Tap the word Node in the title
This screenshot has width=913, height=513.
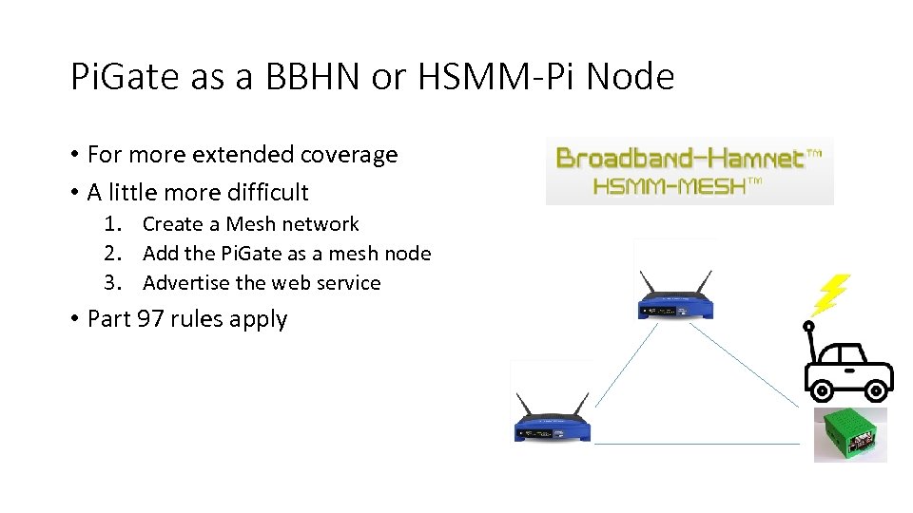[x=631, y=77]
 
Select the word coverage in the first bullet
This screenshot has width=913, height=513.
[x=349, y=155]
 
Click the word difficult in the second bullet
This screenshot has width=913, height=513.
[x=264, y=192]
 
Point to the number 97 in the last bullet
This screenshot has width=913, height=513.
[x=150, y=319]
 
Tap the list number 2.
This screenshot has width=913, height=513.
[x=113, y=254]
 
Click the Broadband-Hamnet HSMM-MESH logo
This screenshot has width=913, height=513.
[x=690, y=170]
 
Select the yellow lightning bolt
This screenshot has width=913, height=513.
[x=829, y=294]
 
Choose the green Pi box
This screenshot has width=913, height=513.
[x=849, y=434]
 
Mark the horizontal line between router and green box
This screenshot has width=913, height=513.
[x=697, y=444]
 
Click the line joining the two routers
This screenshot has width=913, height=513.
[x=615, y=380]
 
